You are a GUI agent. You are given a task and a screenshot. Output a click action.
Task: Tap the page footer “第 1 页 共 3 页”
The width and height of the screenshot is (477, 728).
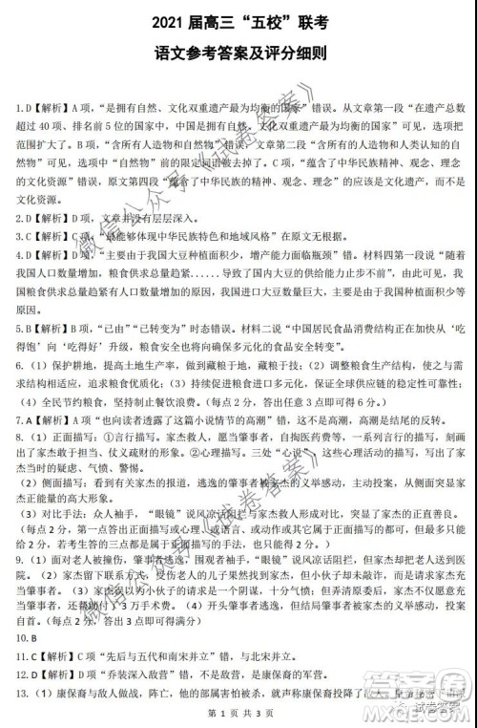(238, 716)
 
